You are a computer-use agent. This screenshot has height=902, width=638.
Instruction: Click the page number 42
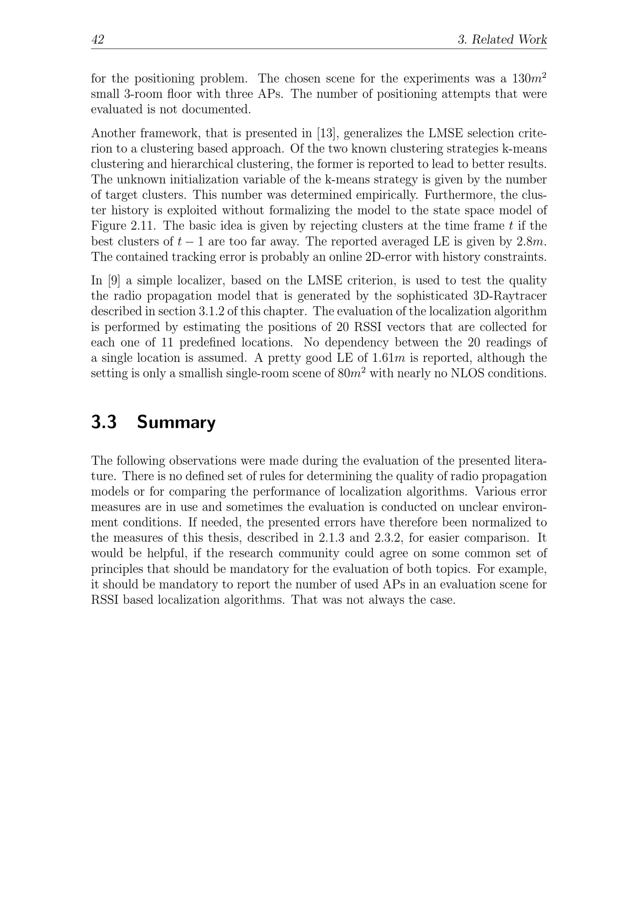point(98,40)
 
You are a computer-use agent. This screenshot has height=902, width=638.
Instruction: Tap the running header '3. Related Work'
point(502,40)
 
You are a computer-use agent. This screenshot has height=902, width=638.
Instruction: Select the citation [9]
point(114,281)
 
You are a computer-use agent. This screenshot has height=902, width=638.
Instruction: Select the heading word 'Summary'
point(176,422)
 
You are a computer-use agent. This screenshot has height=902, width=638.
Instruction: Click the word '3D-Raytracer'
point(507,296)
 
